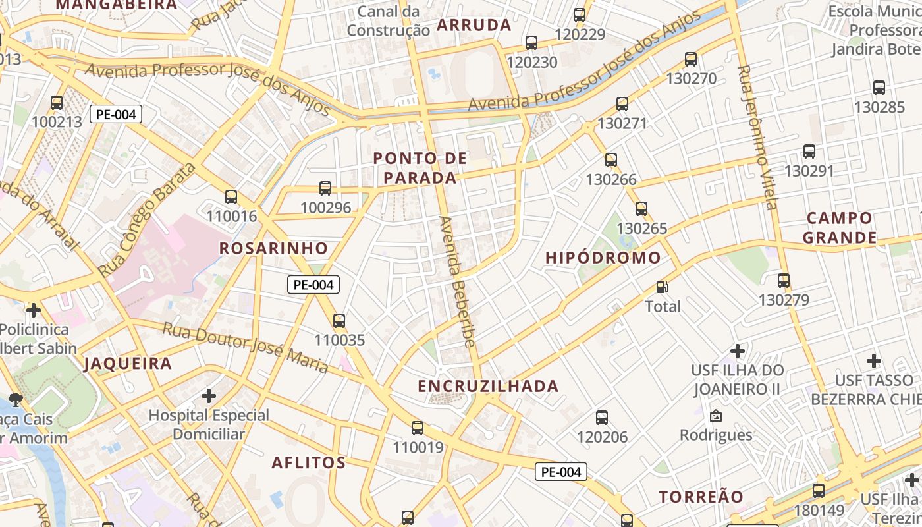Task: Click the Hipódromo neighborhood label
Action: point(603,258)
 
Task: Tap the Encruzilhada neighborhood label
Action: point(488,386)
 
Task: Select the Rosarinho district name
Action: point(273,248)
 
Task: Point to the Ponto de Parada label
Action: point(420,168)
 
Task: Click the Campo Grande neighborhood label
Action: point(840,228)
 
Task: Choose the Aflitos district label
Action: point(309,463)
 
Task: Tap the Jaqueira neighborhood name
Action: point(128,364)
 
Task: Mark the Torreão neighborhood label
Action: point(701,497)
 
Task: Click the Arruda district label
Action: point(474,26)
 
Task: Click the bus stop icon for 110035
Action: point(339,321)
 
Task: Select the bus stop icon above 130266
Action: point(611,159)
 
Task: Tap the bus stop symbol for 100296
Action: point(325,188)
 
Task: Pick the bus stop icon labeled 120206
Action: point(602,417)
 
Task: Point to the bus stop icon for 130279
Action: point(784,281)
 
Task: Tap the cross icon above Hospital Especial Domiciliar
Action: point(209,396)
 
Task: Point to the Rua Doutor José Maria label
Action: point(245,347)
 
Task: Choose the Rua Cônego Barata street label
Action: point(146,219)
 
